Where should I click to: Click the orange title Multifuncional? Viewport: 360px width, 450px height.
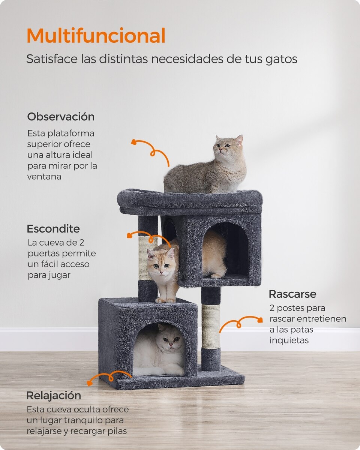point(96,36)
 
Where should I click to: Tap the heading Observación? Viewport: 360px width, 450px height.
point(61,117)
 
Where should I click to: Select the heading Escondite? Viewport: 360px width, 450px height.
point(53,229)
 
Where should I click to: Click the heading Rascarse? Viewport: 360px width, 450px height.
point(292,294)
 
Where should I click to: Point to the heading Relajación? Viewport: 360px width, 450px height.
point(54,396)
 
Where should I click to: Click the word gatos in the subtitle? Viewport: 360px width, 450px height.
point(281,59)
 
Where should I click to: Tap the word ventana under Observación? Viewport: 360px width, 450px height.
point(44,177)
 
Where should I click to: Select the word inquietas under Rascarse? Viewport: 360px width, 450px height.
point(289,340)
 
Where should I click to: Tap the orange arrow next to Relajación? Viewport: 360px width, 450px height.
point(109,378)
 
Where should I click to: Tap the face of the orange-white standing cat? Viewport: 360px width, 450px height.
point(161,262)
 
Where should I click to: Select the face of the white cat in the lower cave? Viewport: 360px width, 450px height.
point(171,340)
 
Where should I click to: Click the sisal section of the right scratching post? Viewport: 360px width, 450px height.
point(211,327)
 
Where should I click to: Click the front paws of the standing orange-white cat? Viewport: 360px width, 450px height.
point(166,300)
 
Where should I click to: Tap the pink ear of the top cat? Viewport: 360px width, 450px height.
point(239,141)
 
